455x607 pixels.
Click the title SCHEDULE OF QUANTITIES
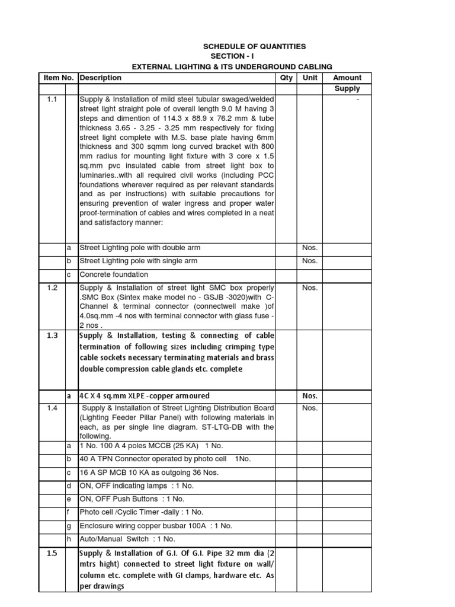[255, 46]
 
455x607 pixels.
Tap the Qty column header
[286, 78]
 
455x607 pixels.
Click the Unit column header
[310, 78]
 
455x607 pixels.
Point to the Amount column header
[347, 78]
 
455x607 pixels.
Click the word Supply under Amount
[347, 89]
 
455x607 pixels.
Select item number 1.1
[52, 100]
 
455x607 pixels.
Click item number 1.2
[52, 287]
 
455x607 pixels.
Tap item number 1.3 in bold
[52, 336]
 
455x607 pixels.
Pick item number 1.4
[52, 408]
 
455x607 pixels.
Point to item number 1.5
[52, 554]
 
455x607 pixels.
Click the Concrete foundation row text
[114, 274]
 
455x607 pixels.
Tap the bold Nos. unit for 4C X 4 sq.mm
[310, 396]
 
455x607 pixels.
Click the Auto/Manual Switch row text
[127, 539]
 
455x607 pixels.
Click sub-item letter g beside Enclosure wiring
[69, 525]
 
